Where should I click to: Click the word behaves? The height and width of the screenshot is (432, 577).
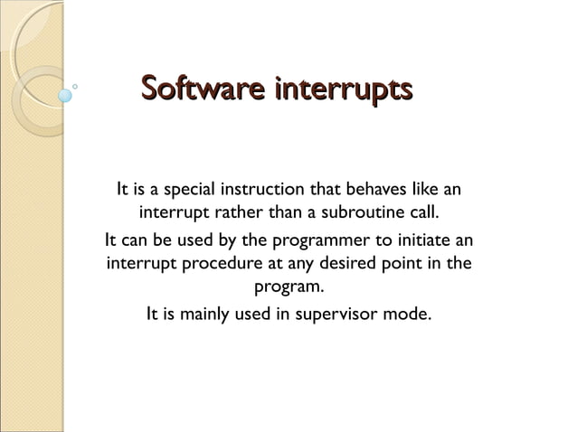click(373, 191)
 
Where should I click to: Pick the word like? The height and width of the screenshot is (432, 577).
click(423, 191)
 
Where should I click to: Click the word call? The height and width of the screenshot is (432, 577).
click(422, 216)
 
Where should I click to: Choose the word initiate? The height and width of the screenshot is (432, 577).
click(420, 240)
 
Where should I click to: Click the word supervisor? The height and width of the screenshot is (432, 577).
click(337, 315)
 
